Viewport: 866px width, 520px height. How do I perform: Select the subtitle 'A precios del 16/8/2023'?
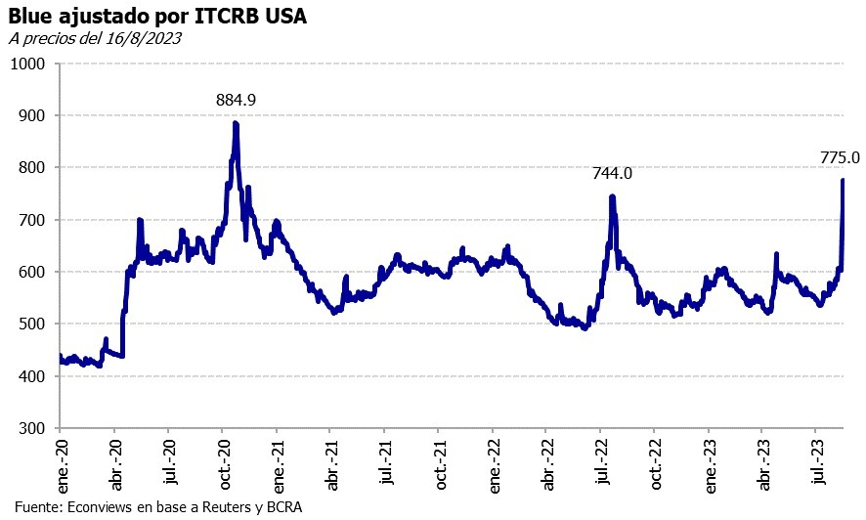[95, 38]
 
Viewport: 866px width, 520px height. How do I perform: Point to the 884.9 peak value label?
[236, 100]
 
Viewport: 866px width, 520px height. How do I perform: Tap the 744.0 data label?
[612, 174]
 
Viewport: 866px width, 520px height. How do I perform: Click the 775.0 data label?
[840, 157]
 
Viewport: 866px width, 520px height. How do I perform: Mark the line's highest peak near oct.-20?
[236, 123]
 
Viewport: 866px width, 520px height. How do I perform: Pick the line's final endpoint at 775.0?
[843, 181]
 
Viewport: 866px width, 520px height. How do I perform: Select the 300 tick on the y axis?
[33, 429]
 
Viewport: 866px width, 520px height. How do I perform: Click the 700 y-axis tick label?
[33, 220]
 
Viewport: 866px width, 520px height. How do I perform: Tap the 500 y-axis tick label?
[33, 325]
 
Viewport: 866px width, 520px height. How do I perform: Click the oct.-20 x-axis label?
[225, 463]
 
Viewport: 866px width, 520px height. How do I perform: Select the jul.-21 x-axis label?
[387, 463]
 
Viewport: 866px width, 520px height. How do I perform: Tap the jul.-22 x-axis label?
[603, 463]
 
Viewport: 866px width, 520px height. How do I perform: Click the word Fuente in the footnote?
[37, 507]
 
